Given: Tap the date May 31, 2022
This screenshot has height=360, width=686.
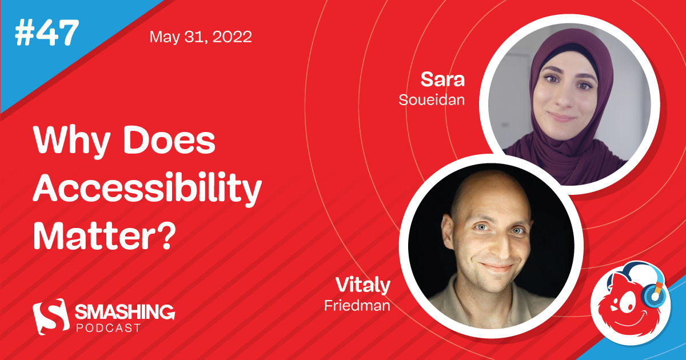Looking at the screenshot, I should click(200, 38).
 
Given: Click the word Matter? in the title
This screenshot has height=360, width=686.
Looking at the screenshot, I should click(103, 235).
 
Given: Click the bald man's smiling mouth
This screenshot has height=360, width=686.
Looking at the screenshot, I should click(497, 267).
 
